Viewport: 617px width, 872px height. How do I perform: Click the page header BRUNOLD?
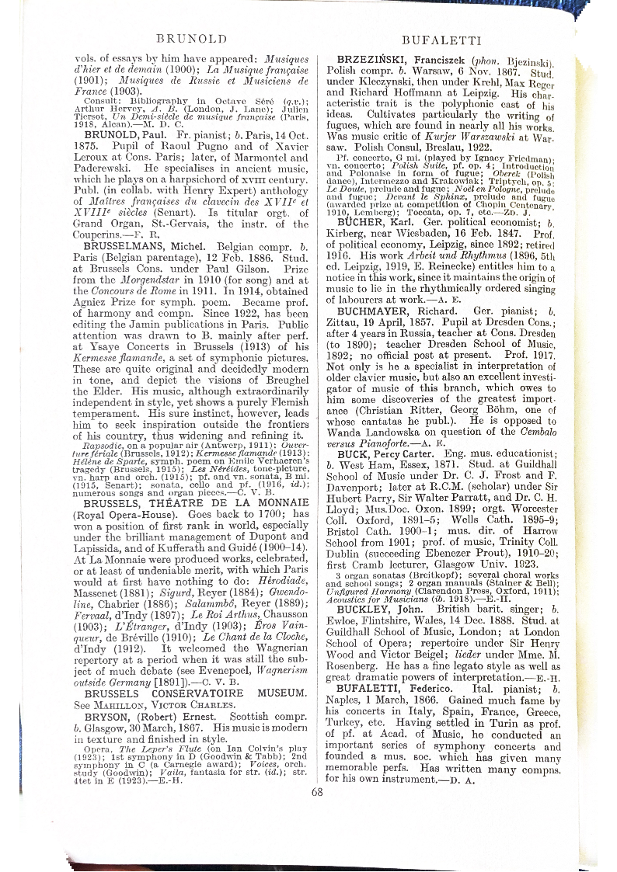click(x=191, y=38)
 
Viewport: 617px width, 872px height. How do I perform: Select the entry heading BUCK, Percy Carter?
click(x=378, y=453)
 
